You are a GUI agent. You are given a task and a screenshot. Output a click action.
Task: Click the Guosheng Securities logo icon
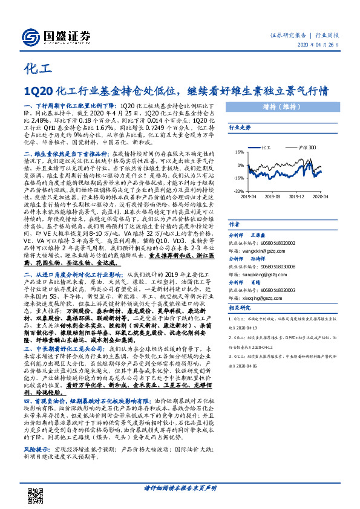[30, 36]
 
